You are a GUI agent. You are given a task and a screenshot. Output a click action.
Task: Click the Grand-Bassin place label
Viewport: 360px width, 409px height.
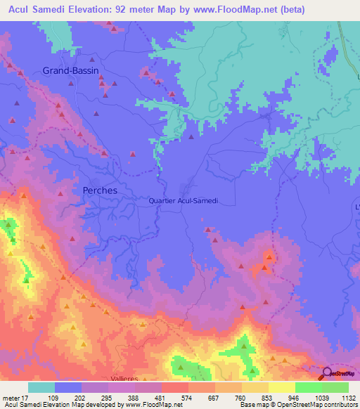[71, 70]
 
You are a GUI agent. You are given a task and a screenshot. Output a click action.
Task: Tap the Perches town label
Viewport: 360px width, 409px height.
[100, 190]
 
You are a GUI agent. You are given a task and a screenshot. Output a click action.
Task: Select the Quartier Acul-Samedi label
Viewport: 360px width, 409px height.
[184, 200]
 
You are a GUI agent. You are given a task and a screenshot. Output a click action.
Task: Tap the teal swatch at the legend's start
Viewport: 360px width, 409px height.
[41, 387]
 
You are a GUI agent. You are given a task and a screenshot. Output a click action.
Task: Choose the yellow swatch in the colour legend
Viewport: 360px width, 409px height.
[281, 387]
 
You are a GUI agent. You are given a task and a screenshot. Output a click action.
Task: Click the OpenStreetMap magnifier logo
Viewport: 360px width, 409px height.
[327, 373]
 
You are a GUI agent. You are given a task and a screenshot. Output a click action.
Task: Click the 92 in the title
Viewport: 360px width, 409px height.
[131, 10]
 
